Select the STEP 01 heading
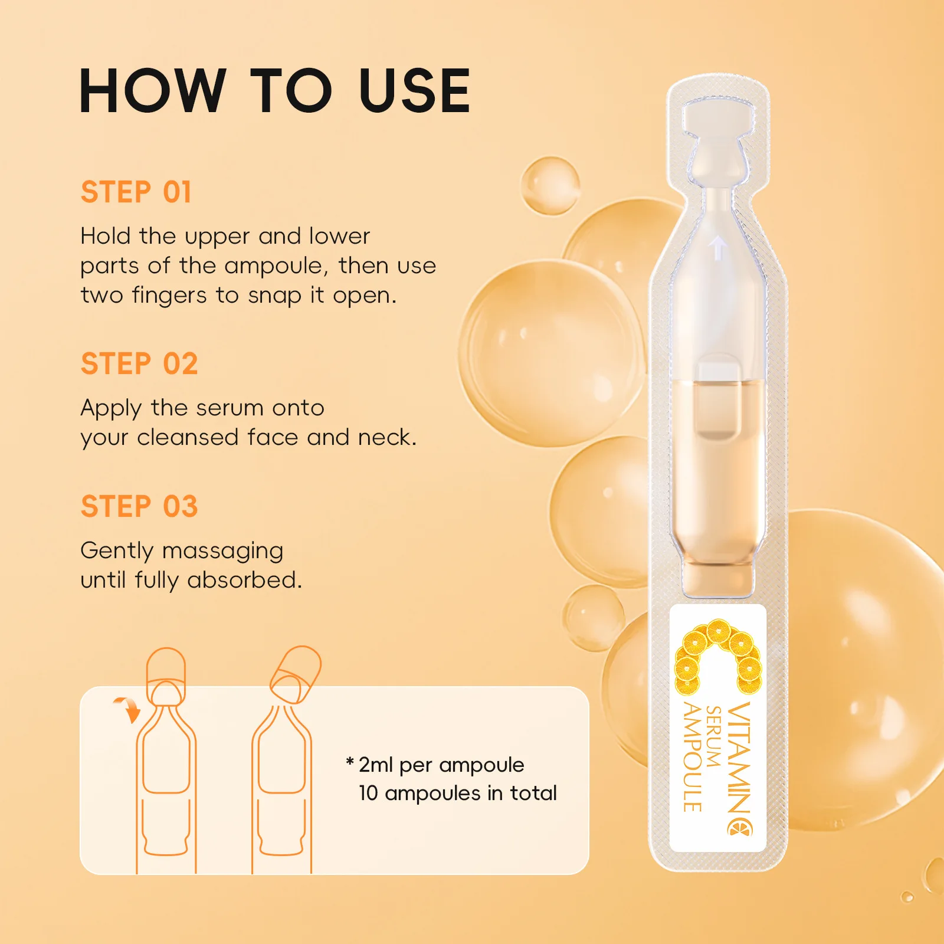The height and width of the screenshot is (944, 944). (136, 192)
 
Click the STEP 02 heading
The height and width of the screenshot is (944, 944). (139, 363)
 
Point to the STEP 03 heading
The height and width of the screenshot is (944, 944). (139, 506)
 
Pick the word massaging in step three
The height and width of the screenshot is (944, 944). (223, 551)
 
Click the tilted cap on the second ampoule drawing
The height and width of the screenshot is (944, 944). (296, 673)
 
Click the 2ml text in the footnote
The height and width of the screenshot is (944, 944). (375, 765)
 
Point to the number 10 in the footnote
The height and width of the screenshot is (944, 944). (368, 793)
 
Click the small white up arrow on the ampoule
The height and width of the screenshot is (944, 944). (717, 248)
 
